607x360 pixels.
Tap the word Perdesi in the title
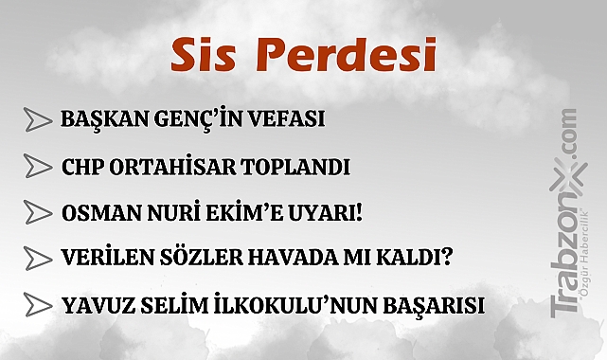tap(348, 56)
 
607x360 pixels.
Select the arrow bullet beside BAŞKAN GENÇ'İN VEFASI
tap(38, 120)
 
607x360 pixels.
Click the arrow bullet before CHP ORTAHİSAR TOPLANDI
tap(38, 169)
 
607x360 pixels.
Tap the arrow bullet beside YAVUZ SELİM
tap(38, 305)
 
